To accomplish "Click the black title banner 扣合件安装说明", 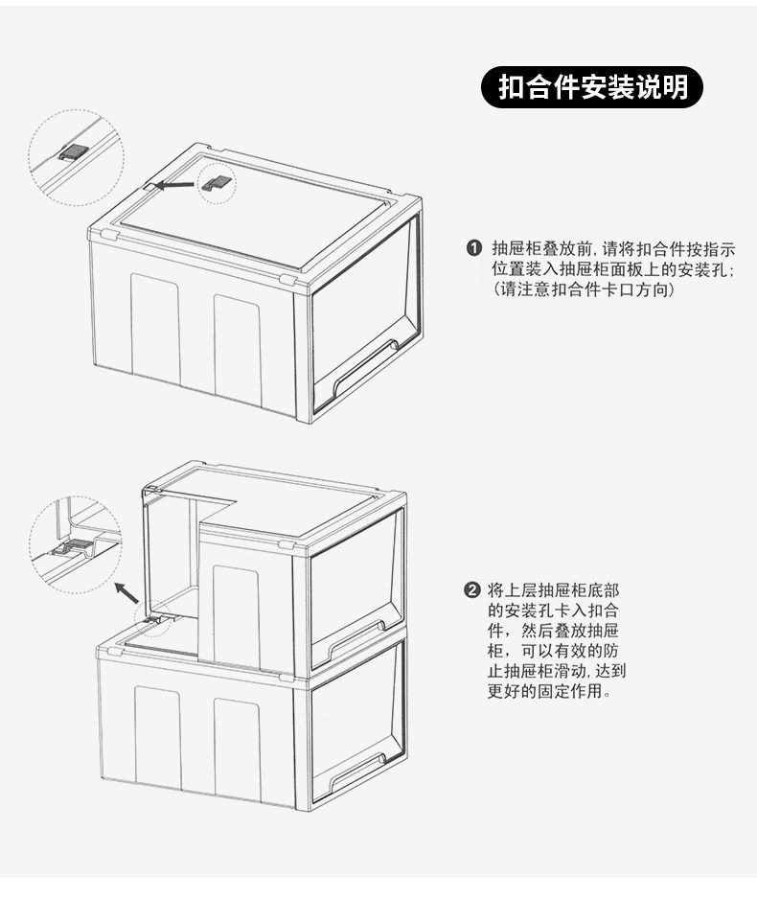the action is pyautogui.click(x=592, y=87).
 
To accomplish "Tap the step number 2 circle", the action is pyautogui.click(x=471, y=589).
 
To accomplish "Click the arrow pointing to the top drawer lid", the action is pyautogui.click(x=175, y=185).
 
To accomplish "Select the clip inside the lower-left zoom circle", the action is pyautogui.click(x=73, y=549).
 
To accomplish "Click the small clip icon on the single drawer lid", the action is pyautogui.click(x=218, y=179).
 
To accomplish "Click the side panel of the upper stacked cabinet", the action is pyautogui.click(x=236, y=613).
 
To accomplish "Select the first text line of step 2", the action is pyautogui.click(x=548, y=589).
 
